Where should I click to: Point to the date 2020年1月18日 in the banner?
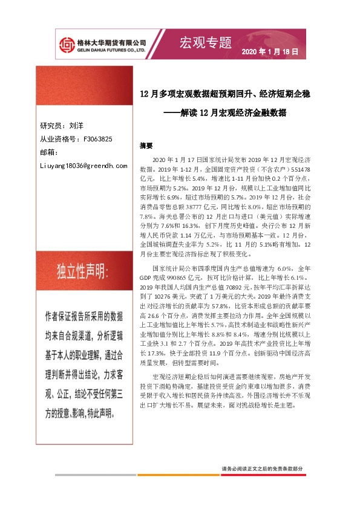pos(270,53)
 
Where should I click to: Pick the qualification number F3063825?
pos(94,139)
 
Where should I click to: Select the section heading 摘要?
pos(146,146)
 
